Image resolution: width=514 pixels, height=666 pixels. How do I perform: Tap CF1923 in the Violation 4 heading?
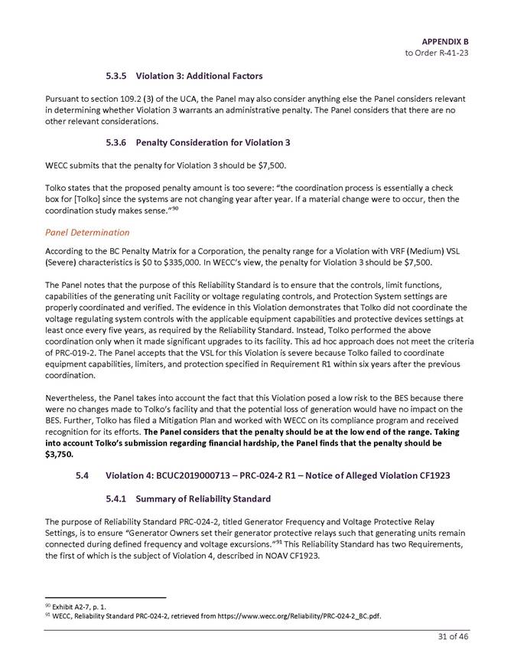pos(431,476)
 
